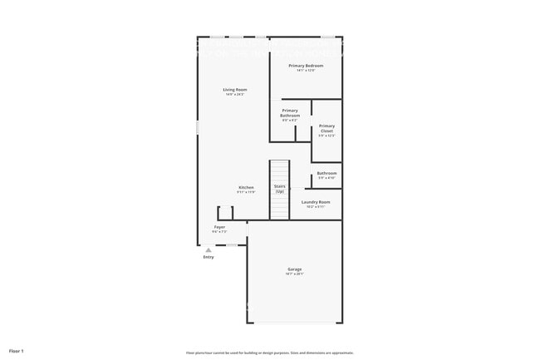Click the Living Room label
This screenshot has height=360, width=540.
point(235,90)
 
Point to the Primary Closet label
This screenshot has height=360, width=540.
point(326,129)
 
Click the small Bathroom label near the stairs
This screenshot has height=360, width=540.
point(326,173)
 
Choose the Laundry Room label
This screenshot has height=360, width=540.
point(316,202)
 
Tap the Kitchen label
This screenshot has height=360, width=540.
point(246,187)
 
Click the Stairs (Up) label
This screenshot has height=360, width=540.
point(280,189)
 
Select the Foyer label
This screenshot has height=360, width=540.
point(219,226)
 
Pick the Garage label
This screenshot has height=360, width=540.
point(294,269)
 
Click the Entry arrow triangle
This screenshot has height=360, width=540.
point(209,248)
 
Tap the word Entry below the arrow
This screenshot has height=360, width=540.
point(209,257)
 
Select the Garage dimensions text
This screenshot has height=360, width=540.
point(294,274)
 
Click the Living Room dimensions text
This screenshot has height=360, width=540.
point(235,95)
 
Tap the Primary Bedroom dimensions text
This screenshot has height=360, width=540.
point(305,70)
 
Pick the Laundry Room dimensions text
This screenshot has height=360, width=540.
point(316,207)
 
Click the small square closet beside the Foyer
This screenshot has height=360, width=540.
point(225,213)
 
